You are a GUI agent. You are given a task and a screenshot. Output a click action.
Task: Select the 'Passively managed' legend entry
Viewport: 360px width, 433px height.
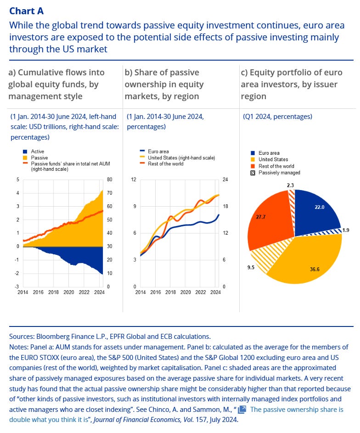pyautogui.click(x=279, y=173)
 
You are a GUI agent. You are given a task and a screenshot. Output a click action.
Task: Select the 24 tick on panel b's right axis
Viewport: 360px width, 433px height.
pyautogui.click(x=226, y=180)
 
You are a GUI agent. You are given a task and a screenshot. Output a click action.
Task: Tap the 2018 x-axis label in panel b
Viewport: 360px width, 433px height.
pyautogui.click(x=171, y=292)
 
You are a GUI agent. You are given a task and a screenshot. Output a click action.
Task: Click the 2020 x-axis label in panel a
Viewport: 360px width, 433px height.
pyautogui.click(x=69, y=292)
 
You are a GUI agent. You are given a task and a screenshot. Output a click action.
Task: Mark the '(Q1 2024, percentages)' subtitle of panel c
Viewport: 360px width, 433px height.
pyautogui.click(x=277, y=117)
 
